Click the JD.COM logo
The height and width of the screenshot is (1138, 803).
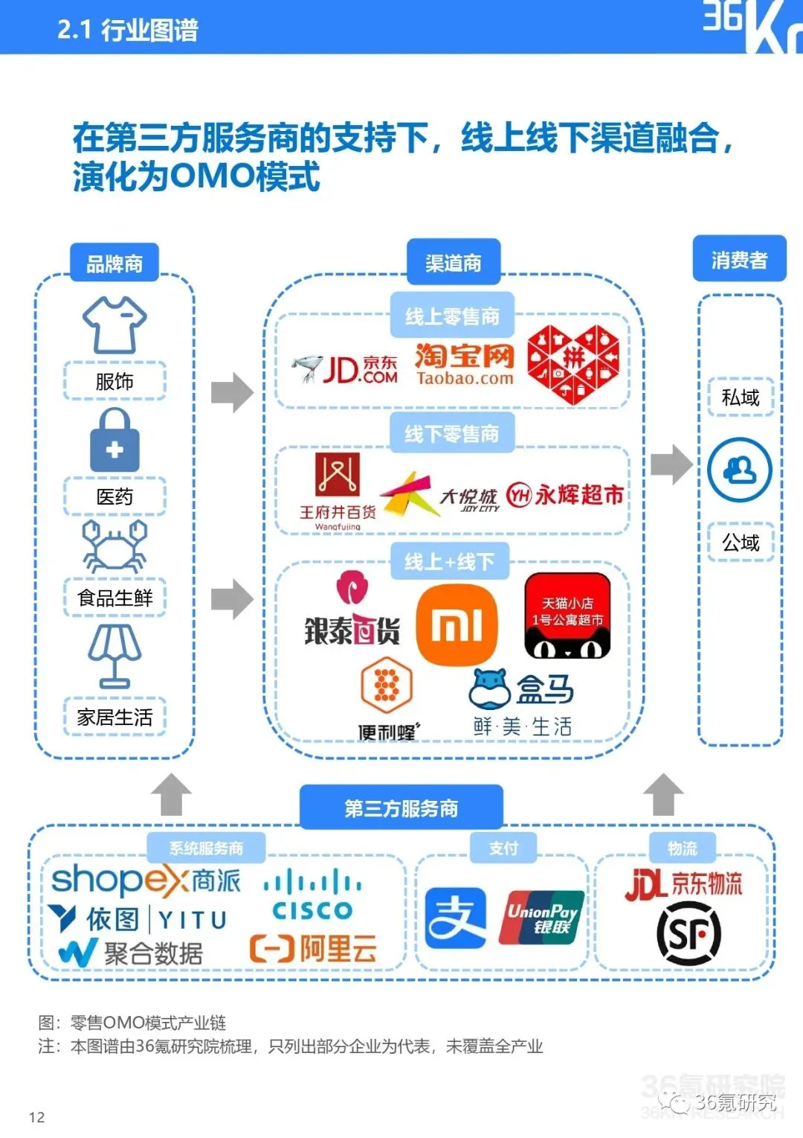(x=345, y=369)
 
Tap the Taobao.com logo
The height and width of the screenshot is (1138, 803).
(x=465, y=364)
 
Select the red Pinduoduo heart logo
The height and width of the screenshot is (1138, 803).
(x=573, y=364)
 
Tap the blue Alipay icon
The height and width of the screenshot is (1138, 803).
(x=455, y=918)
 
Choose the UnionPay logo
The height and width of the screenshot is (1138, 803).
(x=541, y=918)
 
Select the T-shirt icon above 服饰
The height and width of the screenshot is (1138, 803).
(x=115, y=325)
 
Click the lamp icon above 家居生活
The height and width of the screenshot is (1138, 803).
(x=115, y=656)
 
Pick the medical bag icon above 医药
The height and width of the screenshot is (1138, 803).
(x=115, y=439)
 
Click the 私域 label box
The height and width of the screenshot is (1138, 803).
(x=741, y=397)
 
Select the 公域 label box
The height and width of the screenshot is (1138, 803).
(x=741, y=543)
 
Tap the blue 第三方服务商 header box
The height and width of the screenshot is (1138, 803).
(x=401, y=808)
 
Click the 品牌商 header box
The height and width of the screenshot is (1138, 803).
(x=115, y=263)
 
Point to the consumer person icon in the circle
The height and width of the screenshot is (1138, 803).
(x=740, y=470)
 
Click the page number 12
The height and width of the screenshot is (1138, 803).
(x=37, y=1117)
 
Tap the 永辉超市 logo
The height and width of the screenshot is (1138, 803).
(x=565, y=494)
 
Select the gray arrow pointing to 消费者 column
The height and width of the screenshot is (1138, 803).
(x=671, y=464)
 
